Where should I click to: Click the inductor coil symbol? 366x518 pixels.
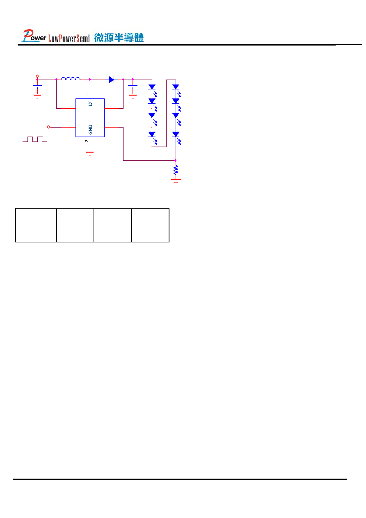(71, 79)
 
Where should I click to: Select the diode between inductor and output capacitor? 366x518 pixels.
(111, 80)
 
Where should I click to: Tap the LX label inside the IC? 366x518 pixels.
(90, 104)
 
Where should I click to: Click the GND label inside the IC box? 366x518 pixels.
(90, 130)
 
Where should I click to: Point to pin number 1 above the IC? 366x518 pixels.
(87, 94)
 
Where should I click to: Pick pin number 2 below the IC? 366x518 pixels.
(87, 141)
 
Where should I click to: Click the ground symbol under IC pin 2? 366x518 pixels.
(90, 153)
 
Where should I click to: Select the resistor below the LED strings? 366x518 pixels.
(176, 170)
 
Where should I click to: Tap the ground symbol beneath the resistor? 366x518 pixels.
(176, 182)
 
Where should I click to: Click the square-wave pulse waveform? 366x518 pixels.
(35, 139)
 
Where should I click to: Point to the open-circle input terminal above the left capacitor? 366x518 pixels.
(37, 76)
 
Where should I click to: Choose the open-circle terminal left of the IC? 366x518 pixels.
(48, 127)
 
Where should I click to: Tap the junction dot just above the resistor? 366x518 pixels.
(176, 160)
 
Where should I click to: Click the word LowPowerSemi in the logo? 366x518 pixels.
(69, 39)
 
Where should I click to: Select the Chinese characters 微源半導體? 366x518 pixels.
(119, 38)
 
